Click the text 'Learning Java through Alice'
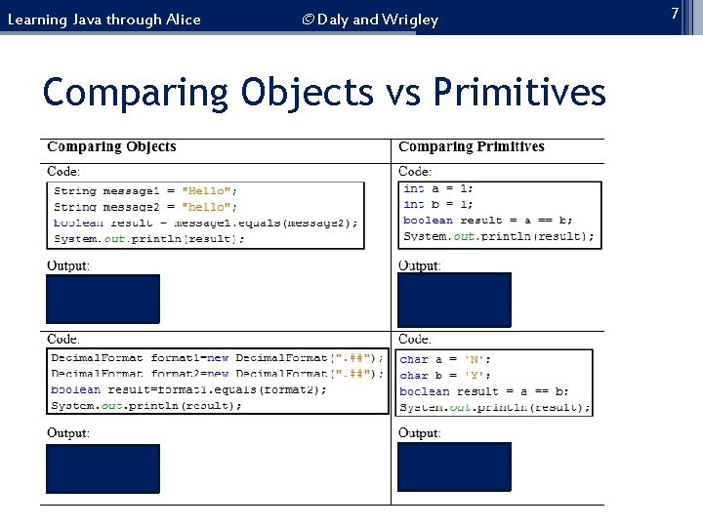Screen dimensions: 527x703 [x=103, y=20]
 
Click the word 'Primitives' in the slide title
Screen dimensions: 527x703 [x=520, y=93]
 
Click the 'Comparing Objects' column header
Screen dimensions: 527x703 [x=111, y=147]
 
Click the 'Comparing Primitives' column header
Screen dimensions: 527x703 [x=472, y=147]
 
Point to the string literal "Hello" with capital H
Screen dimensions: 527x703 [x=209, y=191]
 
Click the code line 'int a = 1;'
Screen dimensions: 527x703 [x=438, y=189]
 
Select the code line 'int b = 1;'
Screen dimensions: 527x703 [x=438, y=205]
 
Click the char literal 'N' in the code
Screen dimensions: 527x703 [x=477, y=359]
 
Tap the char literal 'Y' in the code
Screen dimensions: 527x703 [x=477, y=375]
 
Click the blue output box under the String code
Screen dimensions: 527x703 [x=103, y=298]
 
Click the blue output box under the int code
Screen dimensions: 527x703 [x=454, y=298]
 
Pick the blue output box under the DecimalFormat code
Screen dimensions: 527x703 [x=103, y=468]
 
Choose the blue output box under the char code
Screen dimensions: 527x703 [x=454, y=466]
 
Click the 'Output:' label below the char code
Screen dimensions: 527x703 [x=419, y=432]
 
